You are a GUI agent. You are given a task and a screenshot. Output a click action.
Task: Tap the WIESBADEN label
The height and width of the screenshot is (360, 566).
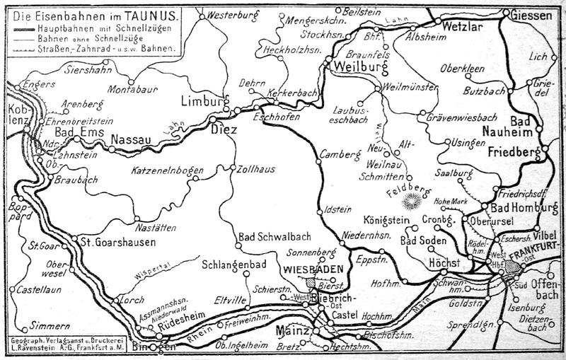point(313,269)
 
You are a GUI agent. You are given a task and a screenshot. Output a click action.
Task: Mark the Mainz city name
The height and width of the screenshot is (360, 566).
point(292,331)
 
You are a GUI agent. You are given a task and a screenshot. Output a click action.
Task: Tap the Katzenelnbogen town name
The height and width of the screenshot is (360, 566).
point(167,170)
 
